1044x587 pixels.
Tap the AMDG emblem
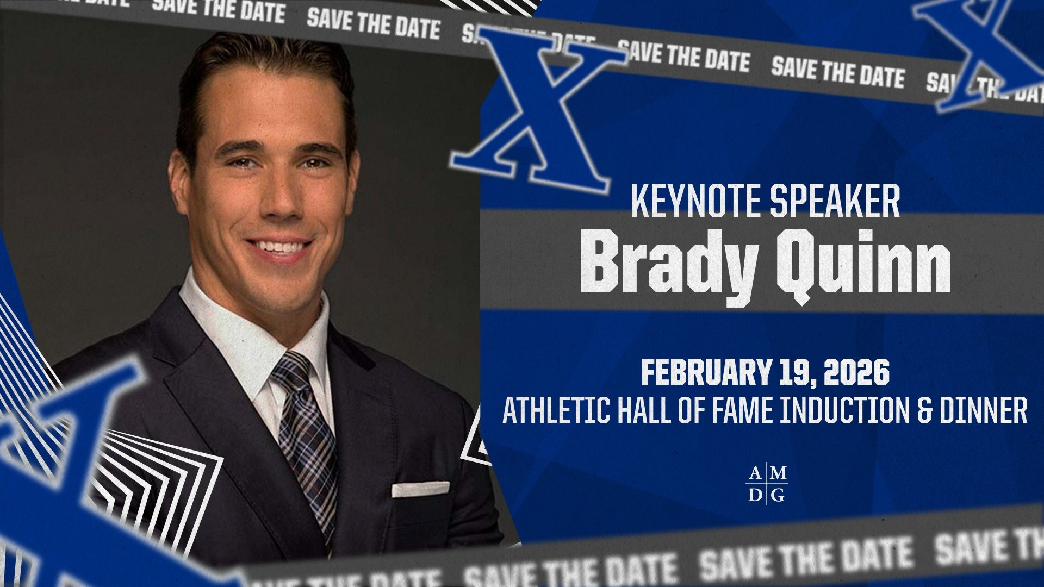[766, 484]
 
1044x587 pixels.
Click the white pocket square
[420, 489]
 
